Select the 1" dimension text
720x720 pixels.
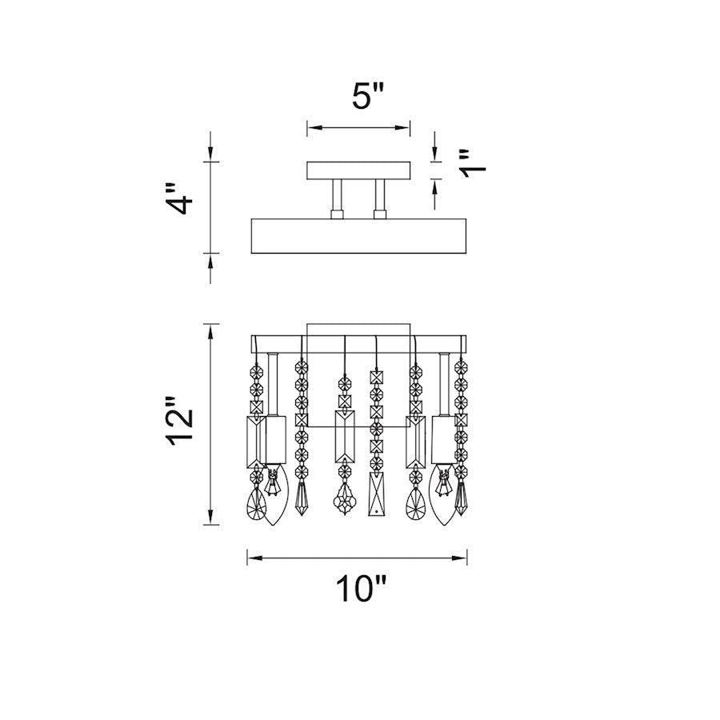(x=472, y=163)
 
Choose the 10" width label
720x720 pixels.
(x=362, y=588)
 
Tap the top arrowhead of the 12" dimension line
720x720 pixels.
(x=210, y=331)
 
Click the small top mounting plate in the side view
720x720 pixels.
(x=358, y=170)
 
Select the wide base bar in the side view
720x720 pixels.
(x=358, y=236)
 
